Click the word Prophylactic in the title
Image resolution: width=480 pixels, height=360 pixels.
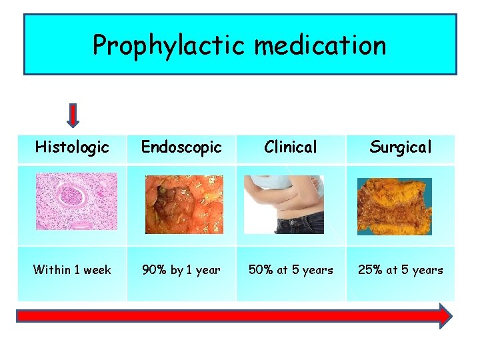click(x=169, y=45)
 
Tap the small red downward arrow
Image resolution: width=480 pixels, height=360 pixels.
click(x=73, y=115)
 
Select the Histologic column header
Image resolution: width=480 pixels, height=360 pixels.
click(x=72, y=147)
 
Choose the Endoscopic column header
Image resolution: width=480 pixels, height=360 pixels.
click(x=181, y=147)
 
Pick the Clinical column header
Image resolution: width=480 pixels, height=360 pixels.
click(x=291, y=147)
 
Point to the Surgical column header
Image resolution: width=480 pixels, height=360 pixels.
click(x=400, y=147)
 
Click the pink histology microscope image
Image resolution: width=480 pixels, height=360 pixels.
click(x=75, y=201)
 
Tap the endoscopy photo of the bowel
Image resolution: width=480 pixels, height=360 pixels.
click(x=185, y=204)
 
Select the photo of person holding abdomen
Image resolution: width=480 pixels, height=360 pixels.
click(x=284, y=204)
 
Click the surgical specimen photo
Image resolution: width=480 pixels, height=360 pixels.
click(x=394, y=206)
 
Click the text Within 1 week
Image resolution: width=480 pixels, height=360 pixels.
click(x=72, y=270)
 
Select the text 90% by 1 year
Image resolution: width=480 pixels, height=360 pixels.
click(x=181, y=270)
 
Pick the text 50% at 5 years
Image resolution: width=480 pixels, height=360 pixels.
click(x=291, y=270)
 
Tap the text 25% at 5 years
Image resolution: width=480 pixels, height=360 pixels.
click(x=400, y=270)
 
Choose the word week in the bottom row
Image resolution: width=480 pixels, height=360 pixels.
click(x=97, y=270)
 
